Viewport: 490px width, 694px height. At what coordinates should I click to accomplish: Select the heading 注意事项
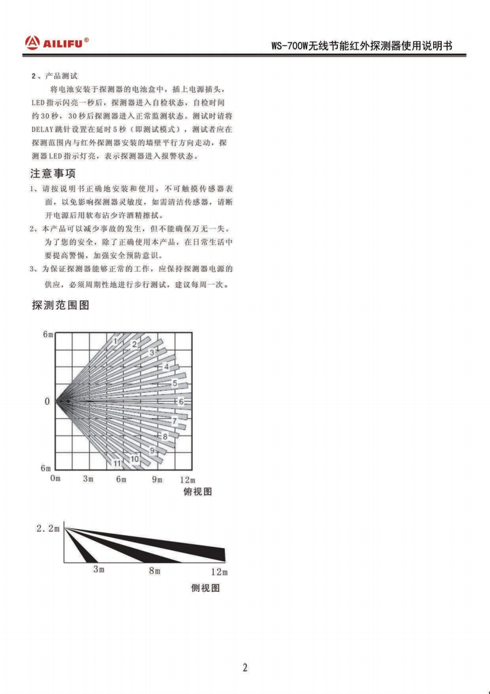click(54, 174)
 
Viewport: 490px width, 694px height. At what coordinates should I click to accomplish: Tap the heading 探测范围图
click(61, 305)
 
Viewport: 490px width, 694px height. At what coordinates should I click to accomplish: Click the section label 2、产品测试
click(54, 76)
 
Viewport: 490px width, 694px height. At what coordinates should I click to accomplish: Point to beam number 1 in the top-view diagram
click(116, 340)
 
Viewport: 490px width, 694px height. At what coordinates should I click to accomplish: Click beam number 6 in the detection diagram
click(181, 401)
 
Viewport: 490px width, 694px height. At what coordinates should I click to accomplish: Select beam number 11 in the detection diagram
click(116, 463)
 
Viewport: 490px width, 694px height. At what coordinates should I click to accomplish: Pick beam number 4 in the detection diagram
click(166, 367)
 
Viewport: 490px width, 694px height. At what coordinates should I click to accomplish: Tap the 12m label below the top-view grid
click(187, 480)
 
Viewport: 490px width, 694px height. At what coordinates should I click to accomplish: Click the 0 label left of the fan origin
click(47, 401)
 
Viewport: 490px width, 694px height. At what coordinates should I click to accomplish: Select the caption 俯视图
click(198, 491)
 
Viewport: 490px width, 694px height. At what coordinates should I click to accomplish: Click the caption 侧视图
click(205, 588)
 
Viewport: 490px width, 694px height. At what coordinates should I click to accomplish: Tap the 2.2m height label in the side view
click(48, 528)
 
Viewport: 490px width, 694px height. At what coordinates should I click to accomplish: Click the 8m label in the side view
click(154, 570)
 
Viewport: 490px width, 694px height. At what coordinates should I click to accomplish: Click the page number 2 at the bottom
click(245, 667)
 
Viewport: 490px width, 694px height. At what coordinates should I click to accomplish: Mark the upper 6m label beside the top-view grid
click(48, 334)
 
